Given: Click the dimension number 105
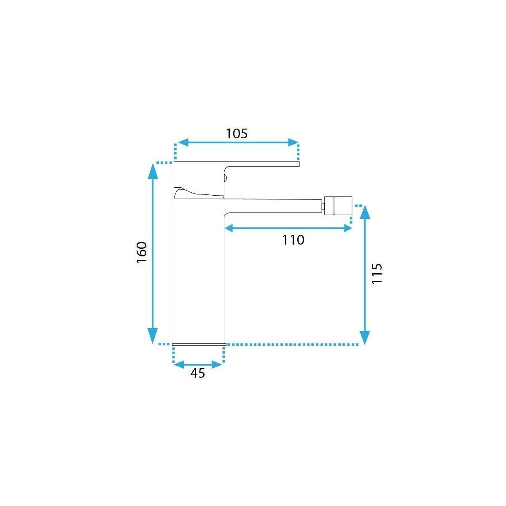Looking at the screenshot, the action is (x=237, y=134).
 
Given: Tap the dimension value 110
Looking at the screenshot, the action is (x=293, y=240).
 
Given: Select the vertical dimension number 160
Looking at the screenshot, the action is (x=142, y=252).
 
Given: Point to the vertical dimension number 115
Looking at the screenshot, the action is (x=377, y=273).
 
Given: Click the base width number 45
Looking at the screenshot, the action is (x=197, y=373).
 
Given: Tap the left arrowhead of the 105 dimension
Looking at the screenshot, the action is (x=183, y=143).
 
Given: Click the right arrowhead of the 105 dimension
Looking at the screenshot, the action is (x=293, y=143).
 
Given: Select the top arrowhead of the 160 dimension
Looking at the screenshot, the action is (x=153, y=170).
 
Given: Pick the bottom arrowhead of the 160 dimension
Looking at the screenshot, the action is (x=153, y=336).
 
